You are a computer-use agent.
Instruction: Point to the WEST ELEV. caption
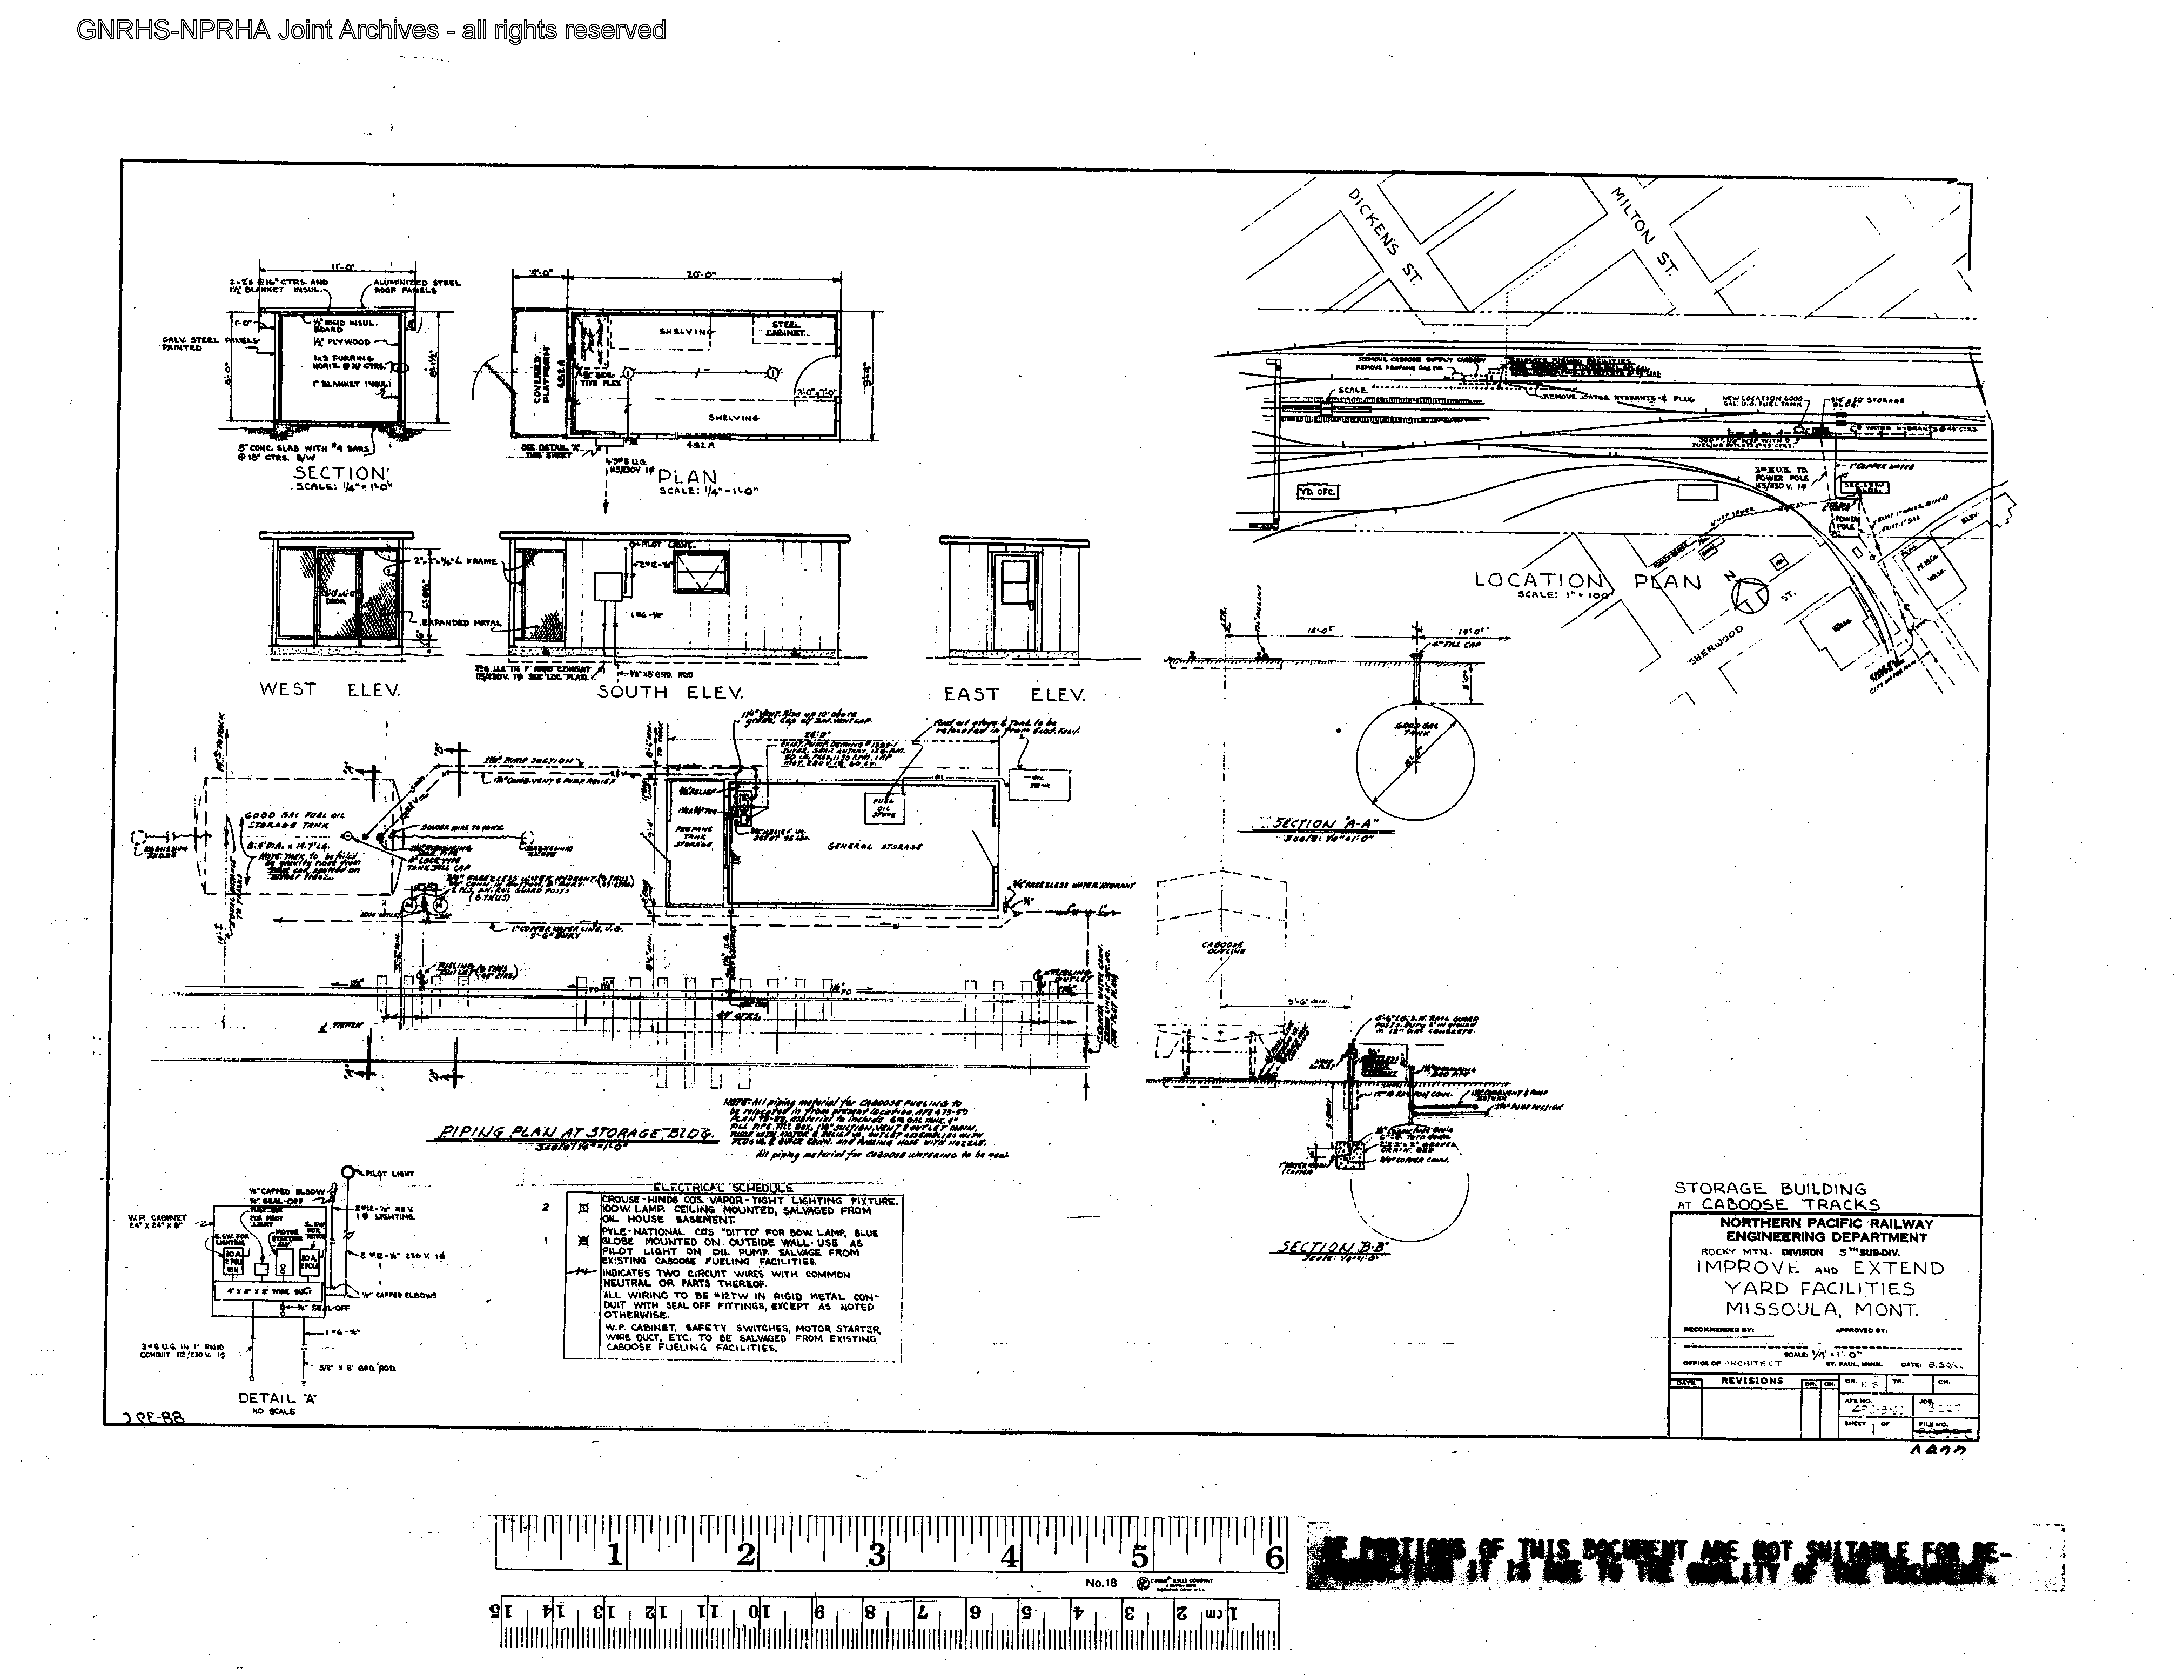pyautogui.click(x=330, y=689)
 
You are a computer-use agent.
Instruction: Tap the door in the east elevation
pyautogui.click(x=1016, y=598)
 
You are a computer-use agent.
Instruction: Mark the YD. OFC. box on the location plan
pyautogui.click(x=1318, y=492)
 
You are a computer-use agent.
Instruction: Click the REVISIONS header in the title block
pyautogui.click(x=1751, y=1381)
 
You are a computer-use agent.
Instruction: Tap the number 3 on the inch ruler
pyautogui.click(x=876, y=1556)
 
